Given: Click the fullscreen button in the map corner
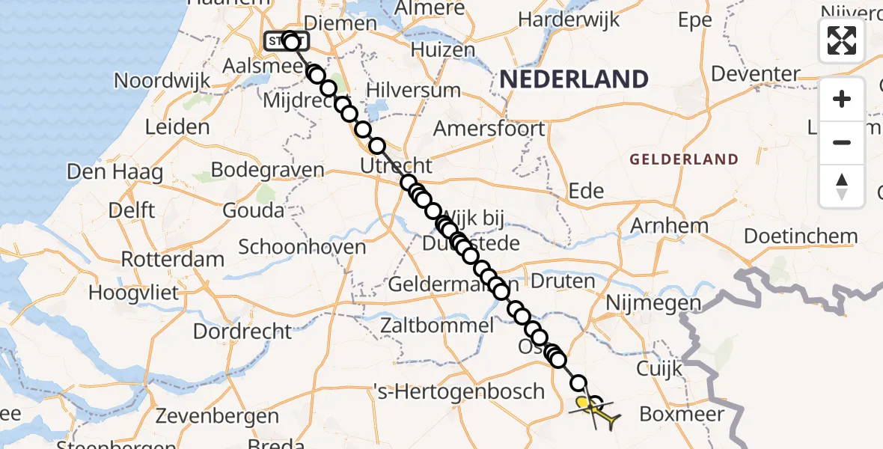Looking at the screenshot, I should (x=842, y=40).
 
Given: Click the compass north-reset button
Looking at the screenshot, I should (x=842, y=186).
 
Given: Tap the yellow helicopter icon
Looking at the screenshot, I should (x=596, y=413).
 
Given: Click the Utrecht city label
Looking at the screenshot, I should (x=396, y=165).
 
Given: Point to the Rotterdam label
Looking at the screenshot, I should (x=172, y=260).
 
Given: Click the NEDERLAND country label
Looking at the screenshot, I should (x=574, y=79).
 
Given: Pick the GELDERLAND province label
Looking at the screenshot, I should (x=684, y=159).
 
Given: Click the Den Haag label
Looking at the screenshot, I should (x=114, y=171).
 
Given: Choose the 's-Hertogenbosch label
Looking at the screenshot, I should (x=459, y=391).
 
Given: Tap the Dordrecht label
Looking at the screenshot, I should (x=242, y=330).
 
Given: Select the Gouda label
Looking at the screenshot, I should (x=254, y=210).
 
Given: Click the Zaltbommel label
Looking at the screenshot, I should (x=437, y=326).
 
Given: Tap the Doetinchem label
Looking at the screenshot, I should (x=801, y=236).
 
